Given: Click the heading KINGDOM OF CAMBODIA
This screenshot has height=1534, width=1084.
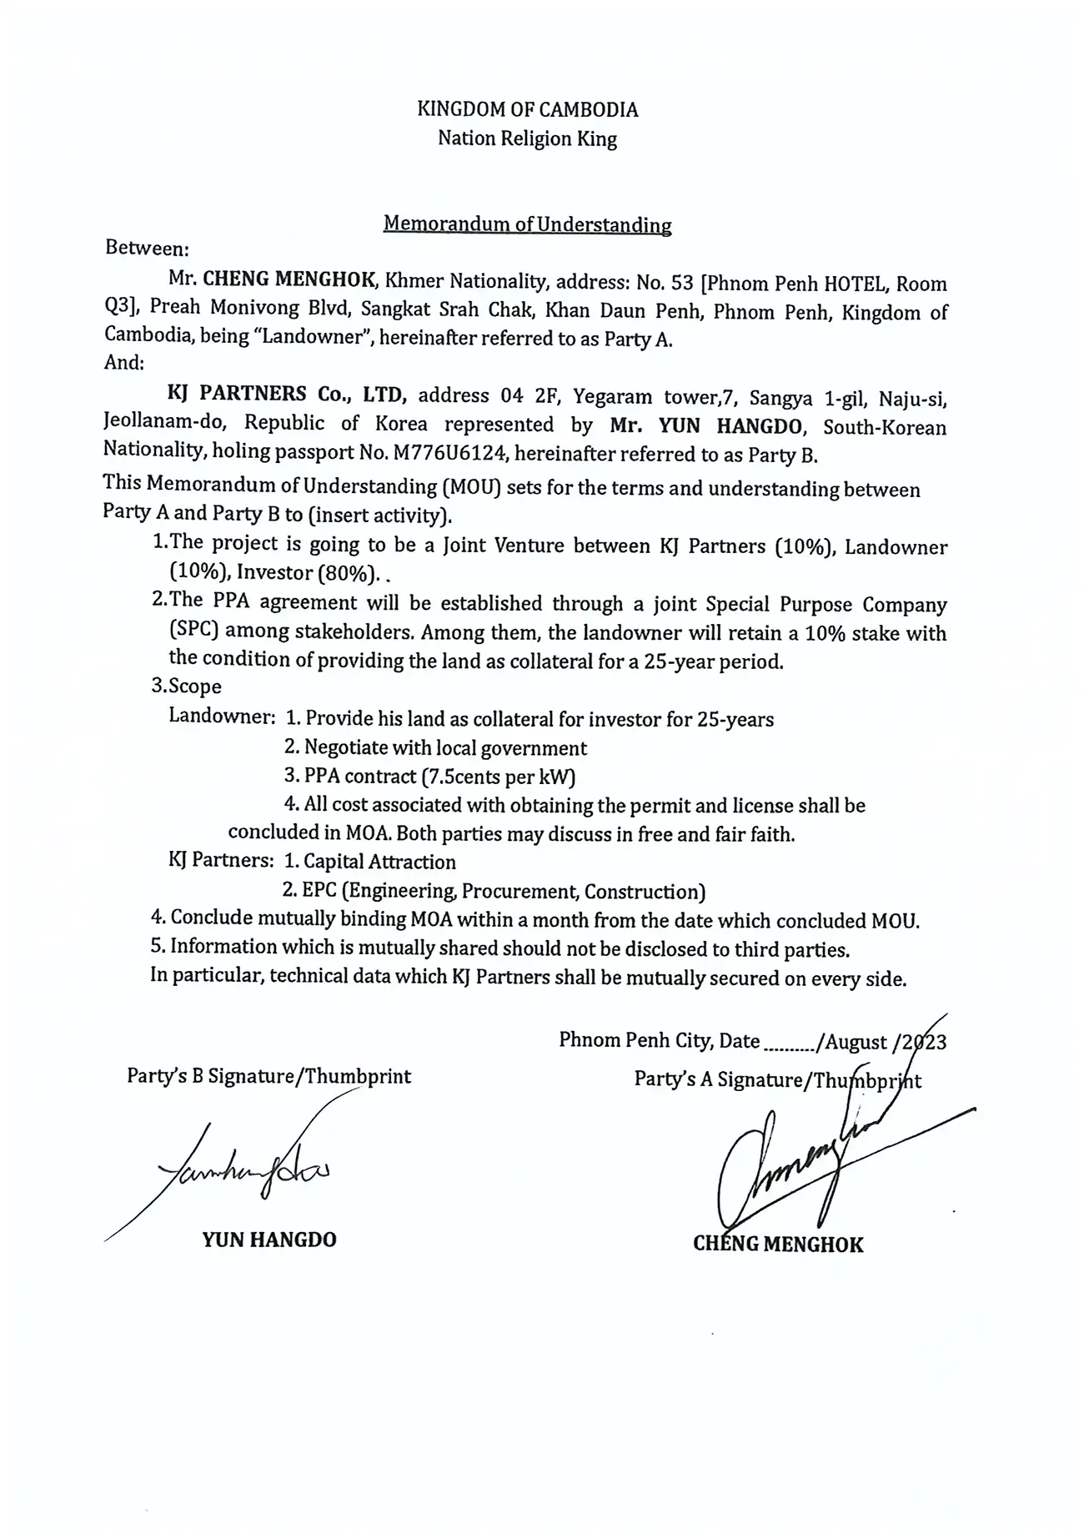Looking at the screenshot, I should click(527, 109).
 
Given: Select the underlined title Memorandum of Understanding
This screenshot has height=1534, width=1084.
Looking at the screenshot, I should click(527, 224).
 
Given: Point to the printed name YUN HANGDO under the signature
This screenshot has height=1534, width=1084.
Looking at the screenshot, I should click(268, 1240).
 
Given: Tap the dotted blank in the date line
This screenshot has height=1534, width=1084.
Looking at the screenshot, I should click(790, 1044).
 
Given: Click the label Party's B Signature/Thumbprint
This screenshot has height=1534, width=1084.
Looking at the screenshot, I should click(268, 1076).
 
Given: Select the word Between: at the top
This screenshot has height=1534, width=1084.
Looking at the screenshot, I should click(148, 249).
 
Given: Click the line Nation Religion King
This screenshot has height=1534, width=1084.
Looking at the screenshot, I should click(527, 138).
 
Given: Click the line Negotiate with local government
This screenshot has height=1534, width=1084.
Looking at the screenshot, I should click(445, 748).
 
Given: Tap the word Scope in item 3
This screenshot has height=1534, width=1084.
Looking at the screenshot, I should click(195, 687).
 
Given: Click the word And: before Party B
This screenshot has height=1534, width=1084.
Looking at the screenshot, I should click(124, 364).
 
